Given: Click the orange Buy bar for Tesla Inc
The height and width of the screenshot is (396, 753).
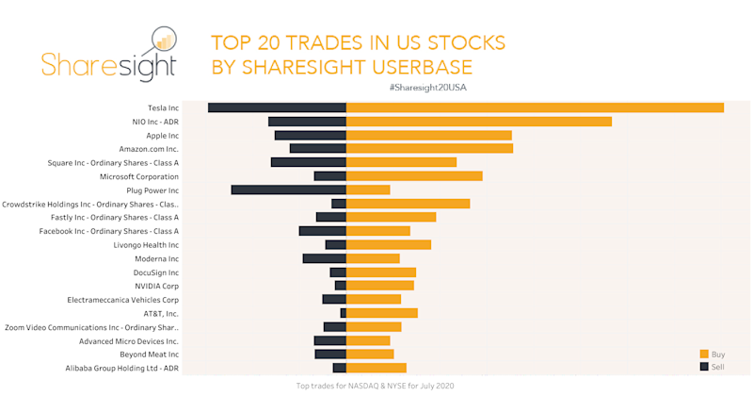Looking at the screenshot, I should click(535, 107).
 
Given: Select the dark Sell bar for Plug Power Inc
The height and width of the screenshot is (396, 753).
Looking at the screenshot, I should click(289, 190).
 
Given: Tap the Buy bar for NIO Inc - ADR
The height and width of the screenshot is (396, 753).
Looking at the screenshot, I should click(479, 122).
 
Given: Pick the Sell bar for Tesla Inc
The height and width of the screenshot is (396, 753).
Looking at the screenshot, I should click(277, 107).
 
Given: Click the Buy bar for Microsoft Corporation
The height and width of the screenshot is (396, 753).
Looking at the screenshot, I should click(414, 176).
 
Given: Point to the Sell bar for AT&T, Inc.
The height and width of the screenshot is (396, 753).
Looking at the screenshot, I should click(344, 313).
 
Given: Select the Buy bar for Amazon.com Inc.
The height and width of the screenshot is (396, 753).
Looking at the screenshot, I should click(429, 149).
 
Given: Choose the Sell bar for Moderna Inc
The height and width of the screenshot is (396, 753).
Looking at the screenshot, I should click(325, 258).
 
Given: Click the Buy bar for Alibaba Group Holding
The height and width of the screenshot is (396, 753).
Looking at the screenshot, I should click(376, 368).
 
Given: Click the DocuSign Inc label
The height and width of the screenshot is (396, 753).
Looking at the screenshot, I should click(156, 272).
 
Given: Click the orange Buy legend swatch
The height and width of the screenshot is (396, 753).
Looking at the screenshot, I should click(703, 354).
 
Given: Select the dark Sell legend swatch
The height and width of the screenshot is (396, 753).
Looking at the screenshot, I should click(703, 366).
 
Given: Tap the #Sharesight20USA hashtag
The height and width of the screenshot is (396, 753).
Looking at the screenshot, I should click(427, 87).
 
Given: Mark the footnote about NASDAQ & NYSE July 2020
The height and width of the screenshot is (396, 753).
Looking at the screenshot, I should click(376, 386).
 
